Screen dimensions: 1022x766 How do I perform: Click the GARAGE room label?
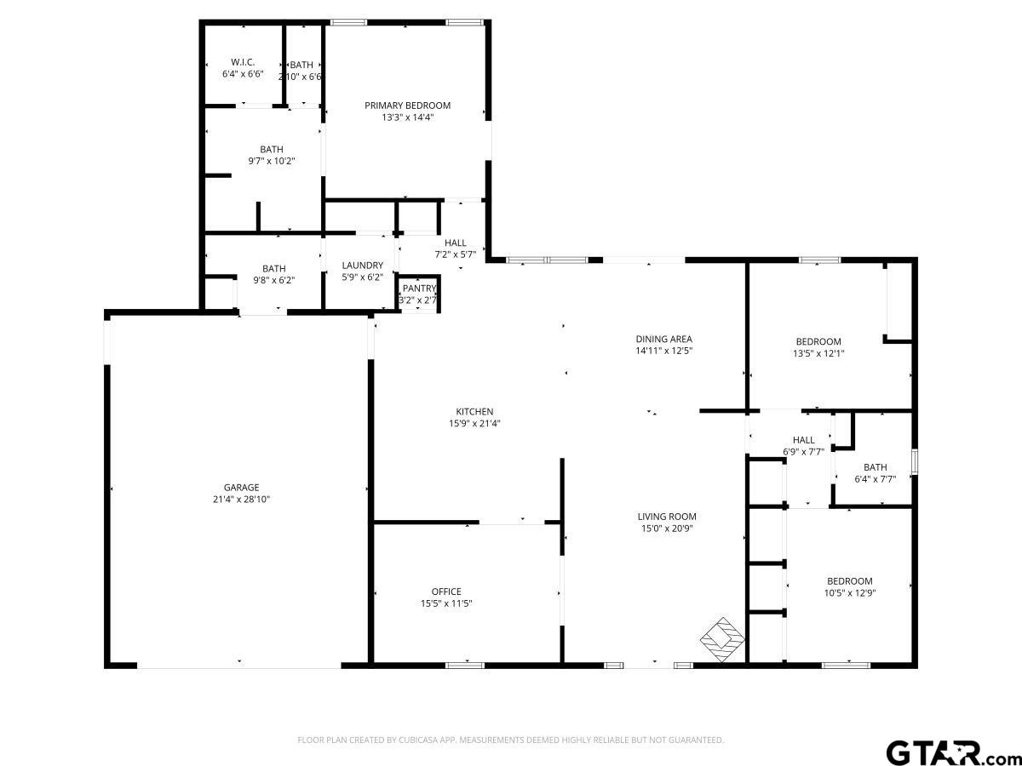point(241,488)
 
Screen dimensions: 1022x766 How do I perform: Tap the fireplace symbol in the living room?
point(722,639)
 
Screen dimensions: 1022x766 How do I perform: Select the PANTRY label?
point(419,289)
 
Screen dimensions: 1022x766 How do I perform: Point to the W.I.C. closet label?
point(243,62)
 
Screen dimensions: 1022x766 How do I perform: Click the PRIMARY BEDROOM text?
point(407,106)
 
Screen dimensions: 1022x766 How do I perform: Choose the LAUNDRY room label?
point(362,265)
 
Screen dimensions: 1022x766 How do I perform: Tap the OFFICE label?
point(446,592)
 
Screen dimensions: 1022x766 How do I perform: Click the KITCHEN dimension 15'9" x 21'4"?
point(474,423)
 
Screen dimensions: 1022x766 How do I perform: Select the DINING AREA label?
point(664,339)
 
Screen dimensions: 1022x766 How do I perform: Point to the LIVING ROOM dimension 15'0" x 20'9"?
point(667,529)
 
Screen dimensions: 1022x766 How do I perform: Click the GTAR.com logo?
point(953,752)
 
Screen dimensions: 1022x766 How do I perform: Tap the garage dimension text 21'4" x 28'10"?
point(241,500)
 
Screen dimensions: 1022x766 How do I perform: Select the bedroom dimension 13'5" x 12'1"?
point(818,353)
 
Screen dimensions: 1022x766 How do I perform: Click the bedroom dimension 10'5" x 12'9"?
point(850,593)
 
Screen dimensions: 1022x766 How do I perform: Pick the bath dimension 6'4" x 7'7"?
point(876,479)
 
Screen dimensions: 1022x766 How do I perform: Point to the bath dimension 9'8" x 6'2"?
point(273,281)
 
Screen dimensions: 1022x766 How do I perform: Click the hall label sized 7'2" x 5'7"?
point(456,243)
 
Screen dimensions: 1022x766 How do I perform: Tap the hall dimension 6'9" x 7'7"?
point(804,452)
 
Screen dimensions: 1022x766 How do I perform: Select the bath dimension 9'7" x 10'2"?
point(272,162)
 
